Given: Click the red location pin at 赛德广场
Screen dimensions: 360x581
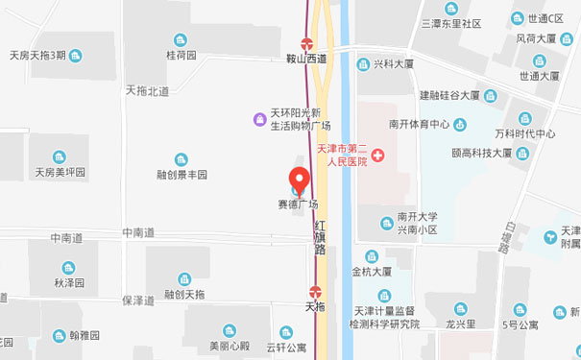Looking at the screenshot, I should [x=299, y=180].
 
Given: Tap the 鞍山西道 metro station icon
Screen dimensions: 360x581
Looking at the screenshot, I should [x=307, y=43].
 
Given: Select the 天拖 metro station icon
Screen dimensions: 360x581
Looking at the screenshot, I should [x=315, y=292].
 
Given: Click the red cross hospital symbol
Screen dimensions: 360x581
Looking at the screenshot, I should [x=377, y=156].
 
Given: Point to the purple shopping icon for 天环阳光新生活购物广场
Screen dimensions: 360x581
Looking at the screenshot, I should [x=258, y=119].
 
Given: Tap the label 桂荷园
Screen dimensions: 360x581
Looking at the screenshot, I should [x=181, y=55].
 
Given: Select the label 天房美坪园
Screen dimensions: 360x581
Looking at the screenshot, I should [x=61, y=173].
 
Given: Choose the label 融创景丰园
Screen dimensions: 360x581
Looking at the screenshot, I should [x=182, y=175].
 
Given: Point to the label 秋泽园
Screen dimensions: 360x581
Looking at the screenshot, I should [x=69, y=283].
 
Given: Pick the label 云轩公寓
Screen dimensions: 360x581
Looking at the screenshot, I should [x=285, y=347].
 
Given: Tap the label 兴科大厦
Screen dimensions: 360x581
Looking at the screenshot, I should [x=393, y=63].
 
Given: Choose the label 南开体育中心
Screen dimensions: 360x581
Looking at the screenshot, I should [x=420, y=124].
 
